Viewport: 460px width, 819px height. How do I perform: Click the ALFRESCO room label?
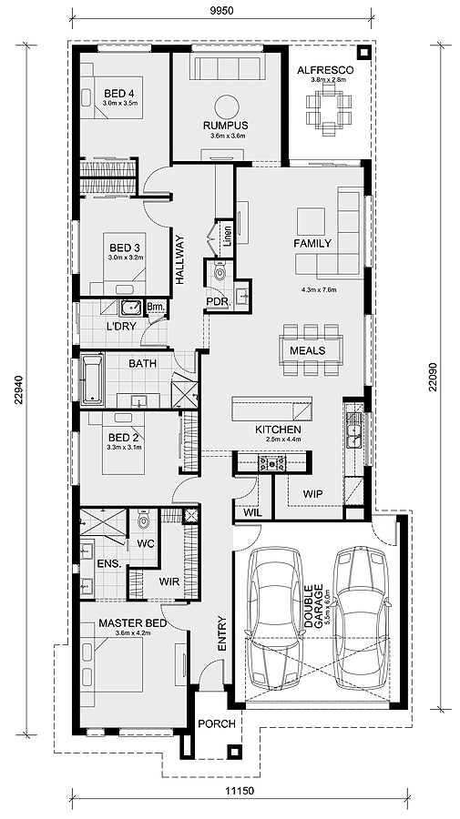click(x=330, y=69)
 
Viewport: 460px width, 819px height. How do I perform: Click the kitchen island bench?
click(x=271, y=406)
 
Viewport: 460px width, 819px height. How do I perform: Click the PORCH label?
click(x=217, y=723)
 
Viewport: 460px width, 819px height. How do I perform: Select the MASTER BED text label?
click(x=132, y=623)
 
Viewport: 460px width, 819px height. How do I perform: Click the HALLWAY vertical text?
click(x=180, y=261)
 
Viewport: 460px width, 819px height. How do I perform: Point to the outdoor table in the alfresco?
click(x=329, y=110)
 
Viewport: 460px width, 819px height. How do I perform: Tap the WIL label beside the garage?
click(x=252, y=513)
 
